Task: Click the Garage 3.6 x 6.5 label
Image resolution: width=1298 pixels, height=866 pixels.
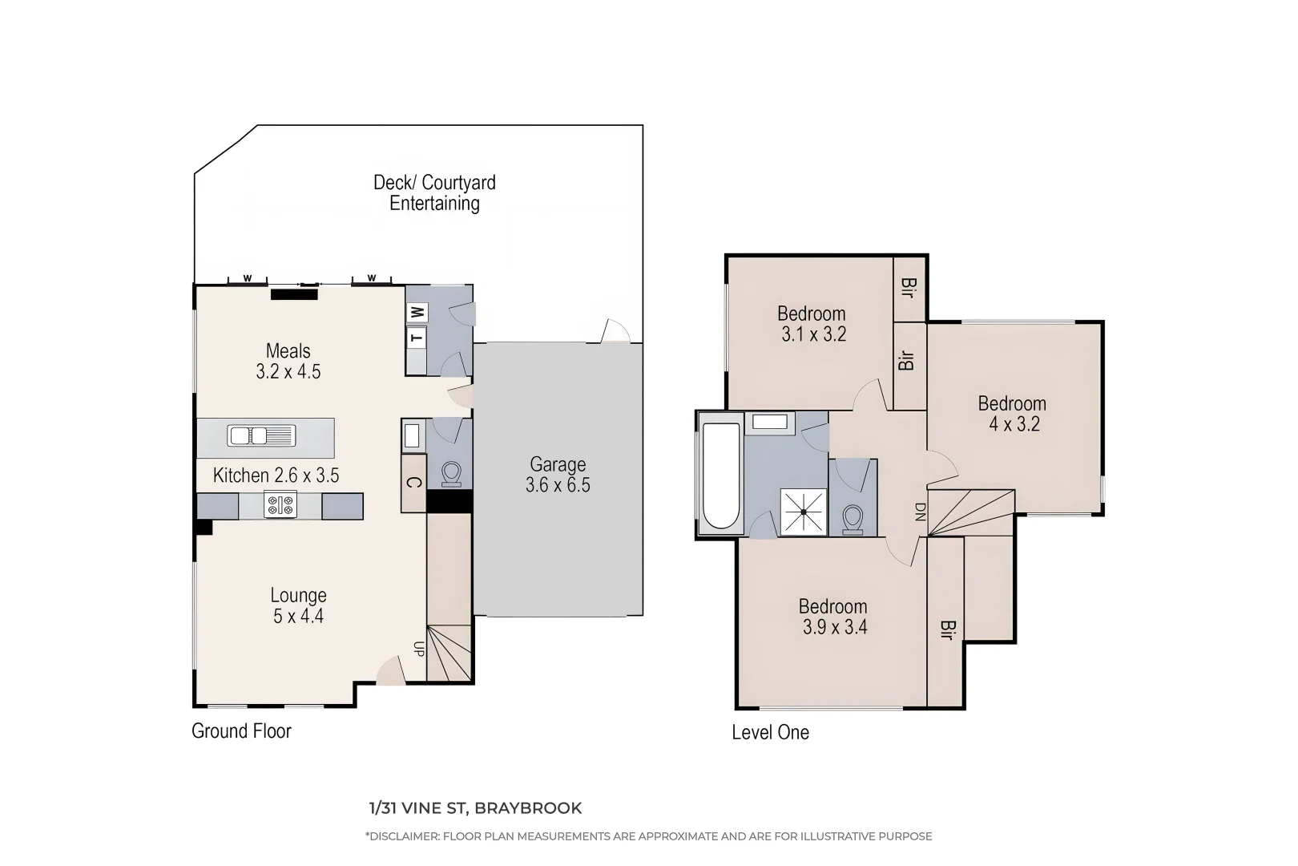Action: click(x=558, y=475)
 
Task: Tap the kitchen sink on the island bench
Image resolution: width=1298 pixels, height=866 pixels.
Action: click(x=261, y=435)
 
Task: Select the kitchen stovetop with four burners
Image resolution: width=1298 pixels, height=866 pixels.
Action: click(x=280, y=504)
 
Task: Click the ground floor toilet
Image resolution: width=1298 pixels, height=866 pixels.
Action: click(x=451, y=474)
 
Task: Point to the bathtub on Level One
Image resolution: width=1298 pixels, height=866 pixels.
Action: click(x=721, y=475)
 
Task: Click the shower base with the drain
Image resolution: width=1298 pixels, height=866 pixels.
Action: click(x=803, y=512)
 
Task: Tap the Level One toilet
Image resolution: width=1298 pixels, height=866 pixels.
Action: click(x=853, y=520)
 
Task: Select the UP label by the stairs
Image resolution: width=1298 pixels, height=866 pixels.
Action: click(x=419, y=649)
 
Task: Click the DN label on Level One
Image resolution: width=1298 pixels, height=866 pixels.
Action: click(x=920, y=512)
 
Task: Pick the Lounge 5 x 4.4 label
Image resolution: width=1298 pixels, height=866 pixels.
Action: click(x=298, y=605)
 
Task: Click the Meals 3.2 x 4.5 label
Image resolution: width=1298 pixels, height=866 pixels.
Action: click(x=288, y=361)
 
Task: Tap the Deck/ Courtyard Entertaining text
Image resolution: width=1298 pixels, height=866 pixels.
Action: click(x=434, y=192)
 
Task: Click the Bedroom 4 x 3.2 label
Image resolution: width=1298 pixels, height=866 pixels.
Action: click(x=1012, y=414)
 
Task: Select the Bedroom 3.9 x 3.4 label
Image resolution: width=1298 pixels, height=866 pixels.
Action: click(x=834, y=617)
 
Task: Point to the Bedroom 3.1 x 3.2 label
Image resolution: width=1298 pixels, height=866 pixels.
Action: click(x=812, y=324)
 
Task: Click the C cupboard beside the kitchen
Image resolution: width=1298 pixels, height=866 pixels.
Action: click(x=413, y=484)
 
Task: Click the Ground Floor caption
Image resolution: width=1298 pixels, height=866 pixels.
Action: click(x=242, y=730)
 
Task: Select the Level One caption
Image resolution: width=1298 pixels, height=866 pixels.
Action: click(x=770, y=732)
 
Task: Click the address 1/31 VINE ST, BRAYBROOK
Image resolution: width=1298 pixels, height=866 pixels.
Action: click(x=475, y=808)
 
